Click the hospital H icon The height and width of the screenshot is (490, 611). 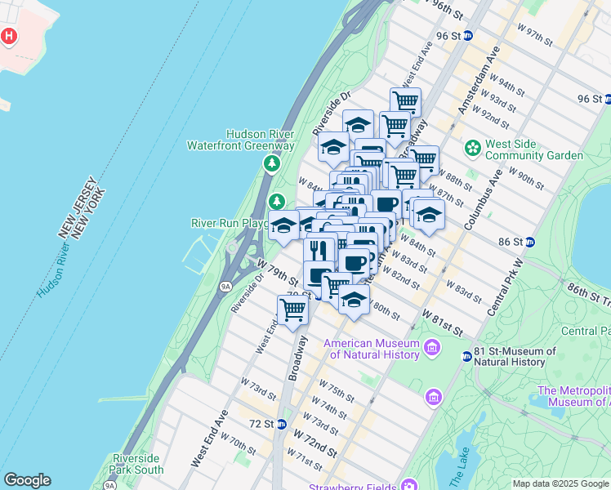(x=9, y=37)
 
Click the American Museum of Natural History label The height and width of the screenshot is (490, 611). (x=375, y=349)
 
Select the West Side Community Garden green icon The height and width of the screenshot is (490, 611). (x=472, y=149)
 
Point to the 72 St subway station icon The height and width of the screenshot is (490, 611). (x=281, y=424)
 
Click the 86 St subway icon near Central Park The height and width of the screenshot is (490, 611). (x=529, y=242)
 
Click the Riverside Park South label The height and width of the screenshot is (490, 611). (x=137, y=464)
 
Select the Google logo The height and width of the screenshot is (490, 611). (x=28, y=480)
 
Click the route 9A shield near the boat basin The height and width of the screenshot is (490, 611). (x=226, y=286)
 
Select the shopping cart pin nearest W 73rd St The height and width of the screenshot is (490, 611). (x=292, y=309)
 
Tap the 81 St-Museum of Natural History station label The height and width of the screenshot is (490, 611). (x=515, y=357)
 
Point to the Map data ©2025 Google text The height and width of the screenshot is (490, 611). (x=561, y=483)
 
